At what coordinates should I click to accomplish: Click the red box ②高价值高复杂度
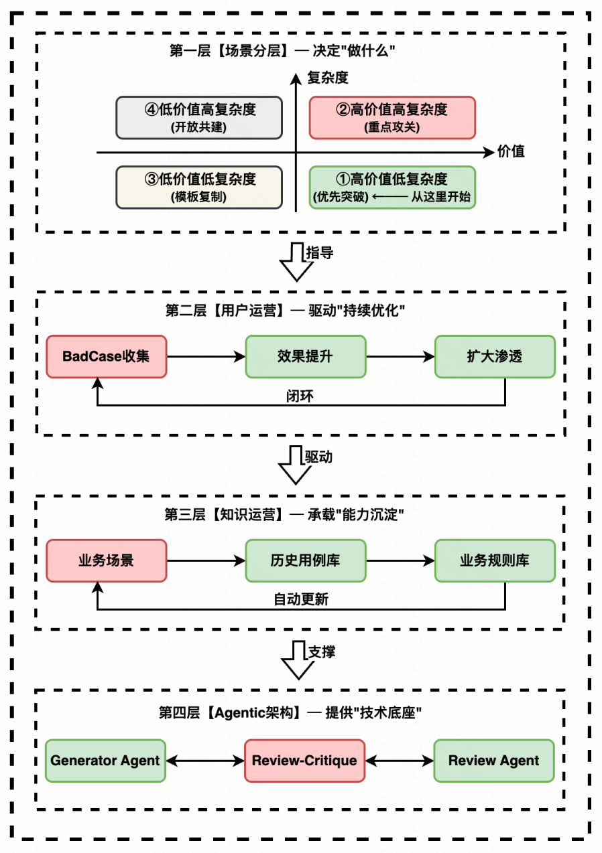point(392,117)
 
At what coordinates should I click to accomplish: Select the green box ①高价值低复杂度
point(392,187)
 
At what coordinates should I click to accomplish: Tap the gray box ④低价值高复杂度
point(199,117)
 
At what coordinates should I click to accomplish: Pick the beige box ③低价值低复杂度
point(199,187)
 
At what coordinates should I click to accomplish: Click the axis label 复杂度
point(328,78)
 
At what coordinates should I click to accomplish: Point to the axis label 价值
point(511,151)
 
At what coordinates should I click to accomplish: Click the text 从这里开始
point(443,197)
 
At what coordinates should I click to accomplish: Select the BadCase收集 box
point(106,356)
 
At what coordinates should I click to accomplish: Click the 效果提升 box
point(305,356)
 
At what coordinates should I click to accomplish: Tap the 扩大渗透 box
point(495,356)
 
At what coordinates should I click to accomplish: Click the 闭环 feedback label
point(300,396)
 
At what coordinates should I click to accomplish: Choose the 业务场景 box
point(106,560)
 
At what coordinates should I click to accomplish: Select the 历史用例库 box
point(305,560)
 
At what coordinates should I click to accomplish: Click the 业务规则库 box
point(495,560)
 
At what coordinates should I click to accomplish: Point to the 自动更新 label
point(300,600)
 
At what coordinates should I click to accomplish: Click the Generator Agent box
point(106,761)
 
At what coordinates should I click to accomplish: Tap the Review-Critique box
point(305,761)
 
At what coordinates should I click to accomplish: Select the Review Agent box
point(494,761)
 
